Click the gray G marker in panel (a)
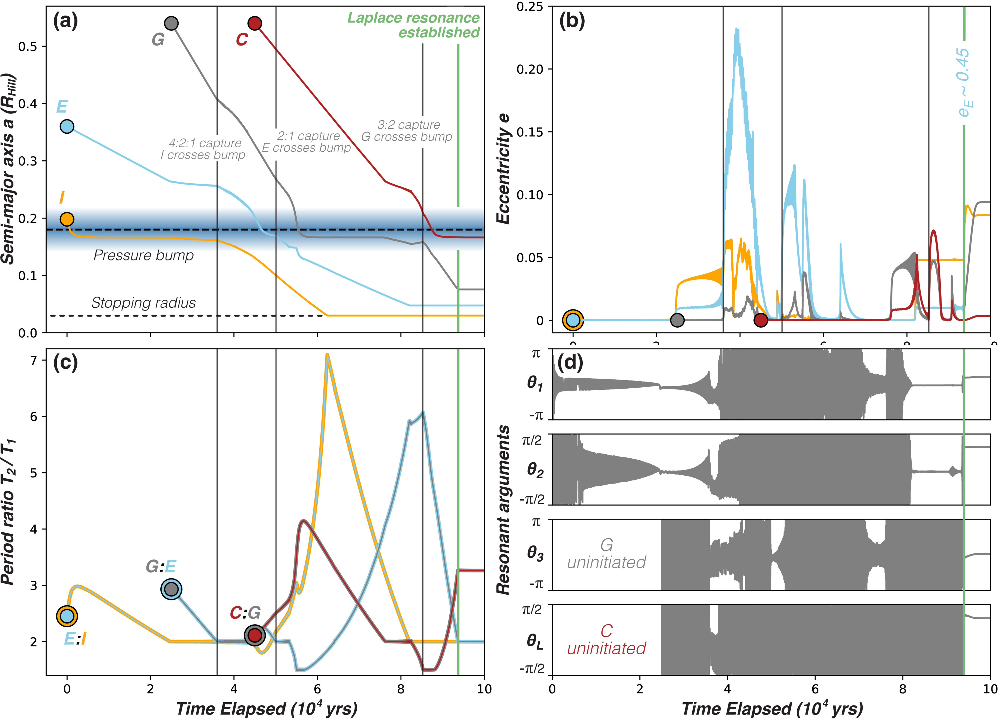171,23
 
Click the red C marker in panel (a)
255,23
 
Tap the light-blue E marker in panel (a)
67,127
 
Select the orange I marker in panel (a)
67,219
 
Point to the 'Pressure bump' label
143,255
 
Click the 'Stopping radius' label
143,303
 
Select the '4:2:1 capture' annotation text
205,143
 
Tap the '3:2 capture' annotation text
409,125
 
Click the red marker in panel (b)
761,320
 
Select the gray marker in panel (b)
677,320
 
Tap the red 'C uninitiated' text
606,640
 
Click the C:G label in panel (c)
245,613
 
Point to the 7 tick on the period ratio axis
34,361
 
